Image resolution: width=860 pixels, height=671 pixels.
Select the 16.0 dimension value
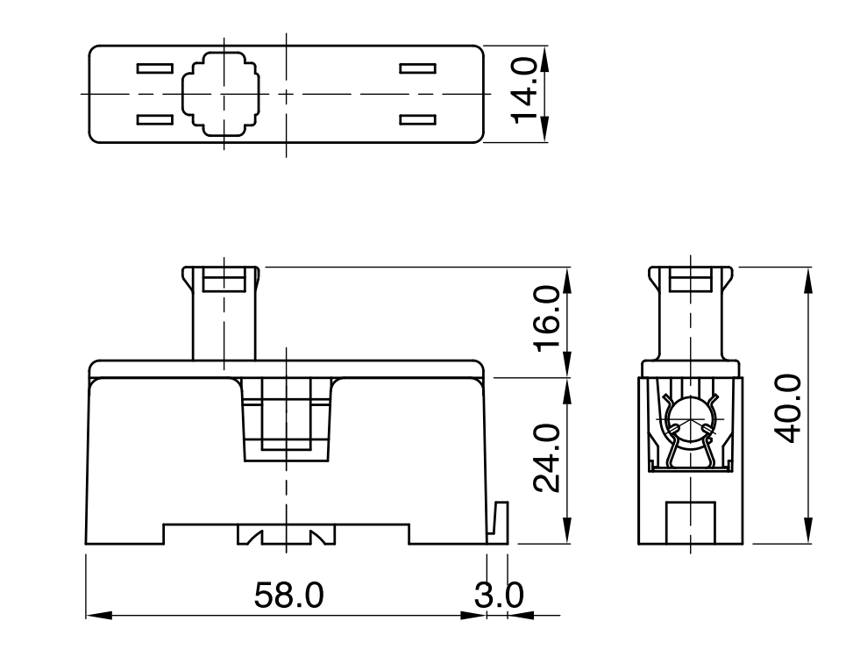point(547,318)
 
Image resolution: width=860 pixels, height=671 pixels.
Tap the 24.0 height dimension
point(547,458)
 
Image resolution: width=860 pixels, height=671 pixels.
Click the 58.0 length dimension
point(289,595)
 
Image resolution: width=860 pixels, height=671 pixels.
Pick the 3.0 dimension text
point(499,595)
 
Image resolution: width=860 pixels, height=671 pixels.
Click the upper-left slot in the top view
point(154,68)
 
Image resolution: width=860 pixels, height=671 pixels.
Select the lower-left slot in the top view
point(154,119)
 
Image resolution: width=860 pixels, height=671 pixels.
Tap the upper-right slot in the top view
point(417,68)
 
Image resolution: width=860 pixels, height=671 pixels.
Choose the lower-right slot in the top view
point(417,119)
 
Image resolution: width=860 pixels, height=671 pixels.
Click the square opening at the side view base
point(690,523)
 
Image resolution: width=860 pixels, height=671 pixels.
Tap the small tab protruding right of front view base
point(499,522)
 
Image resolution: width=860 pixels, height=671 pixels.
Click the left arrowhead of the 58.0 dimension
point(99,615)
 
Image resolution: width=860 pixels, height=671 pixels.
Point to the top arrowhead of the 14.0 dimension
point(544,60)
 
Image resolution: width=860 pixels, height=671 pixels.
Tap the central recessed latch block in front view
point(286,420)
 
